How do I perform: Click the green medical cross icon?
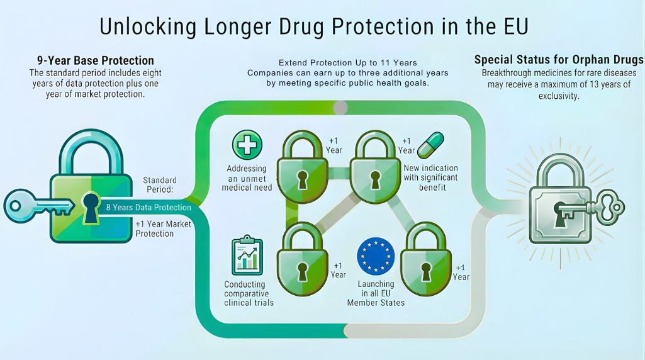pyautogui.click(x=247, y=145)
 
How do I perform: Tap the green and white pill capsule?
pyautogui.click(x=430, y=146)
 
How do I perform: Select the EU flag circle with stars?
pyautogui.click(x=375, y=257)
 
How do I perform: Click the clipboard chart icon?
pyautogui.click(x=247, y=256)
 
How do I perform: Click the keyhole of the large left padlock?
pyautogui.click(x=91, y=207)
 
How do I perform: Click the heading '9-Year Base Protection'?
pyautogui.click(x=95, y=61)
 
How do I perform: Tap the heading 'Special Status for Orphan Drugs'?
pyautogui.click(x=558, y=60)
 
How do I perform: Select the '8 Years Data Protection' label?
pyautogui.click(x=149, y=207)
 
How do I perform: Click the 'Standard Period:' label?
pyautogui.click(x=159, y=185)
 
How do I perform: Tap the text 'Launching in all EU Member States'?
pyautogui.click(x=376, y=293)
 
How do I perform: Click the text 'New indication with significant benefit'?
pyautogui.click(x=431, y=177)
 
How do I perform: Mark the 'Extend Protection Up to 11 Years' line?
pyautogui.click(x=347, y=64)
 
